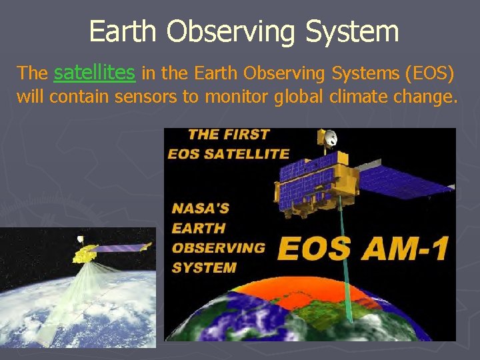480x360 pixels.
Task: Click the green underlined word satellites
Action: point(94,71)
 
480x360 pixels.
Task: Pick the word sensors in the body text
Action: point(147,97)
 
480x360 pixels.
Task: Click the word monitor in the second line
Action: point(231,97)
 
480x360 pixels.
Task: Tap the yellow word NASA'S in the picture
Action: point(200,207)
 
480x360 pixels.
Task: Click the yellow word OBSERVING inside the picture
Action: point(218,247)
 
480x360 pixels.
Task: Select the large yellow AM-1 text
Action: point(403,247)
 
